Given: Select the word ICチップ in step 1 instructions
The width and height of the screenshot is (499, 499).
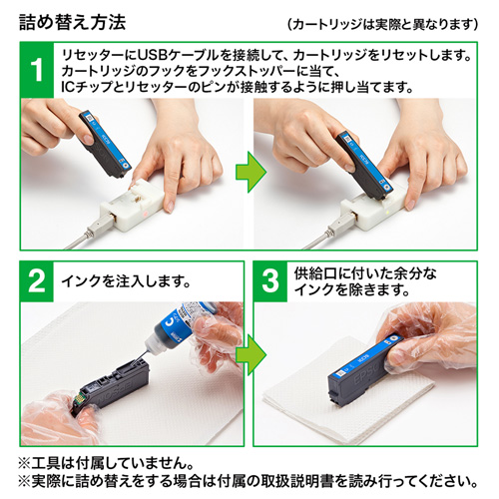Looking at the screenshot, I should [x=88, y=88].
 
